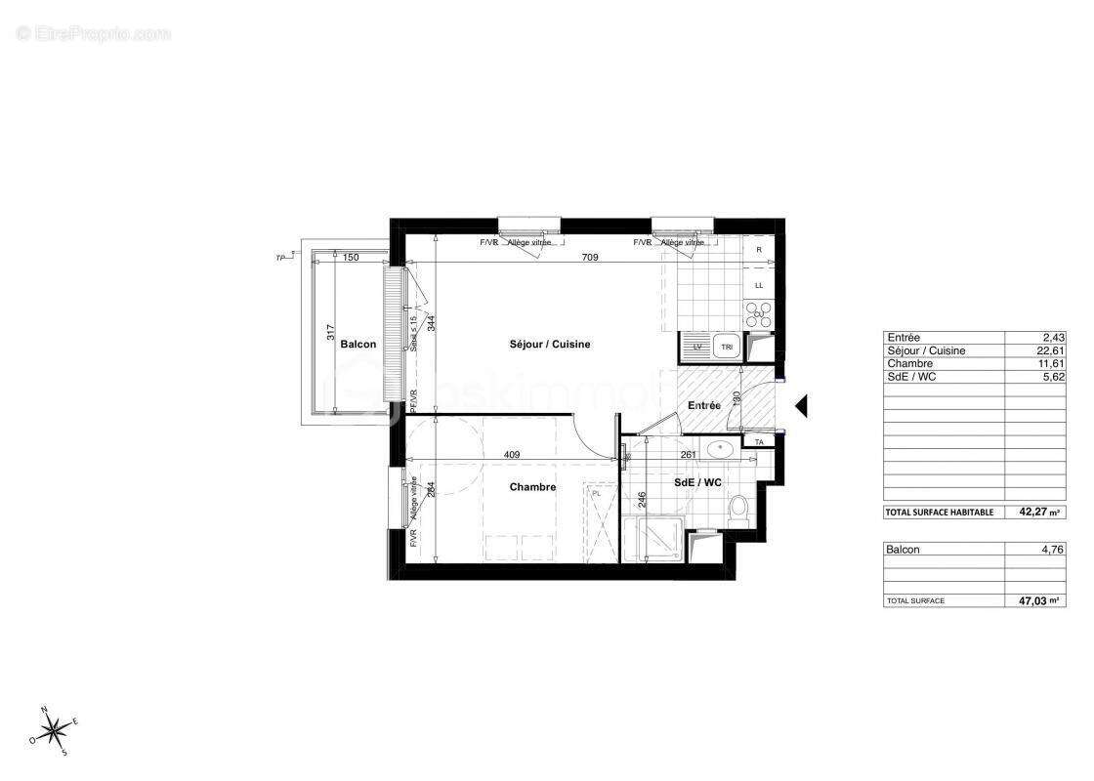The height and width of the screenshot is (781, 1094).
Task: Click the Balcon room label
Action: pyautogui.click(x=358, y=345)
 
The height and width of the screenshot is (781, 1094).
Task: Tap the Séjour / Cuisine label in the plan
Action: pyautogui.click(x=550, y=345)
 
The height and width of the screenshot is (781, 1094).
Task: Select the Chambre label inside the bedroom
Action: pyautogui.click(x=532, y=487)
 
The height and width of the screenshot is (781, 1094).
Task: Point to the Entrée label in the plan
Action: pyautogui.click(x=704, y=405)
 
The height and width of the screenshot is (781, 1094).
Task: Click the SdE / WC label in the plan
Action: pyautogui.click(x=698, y=483)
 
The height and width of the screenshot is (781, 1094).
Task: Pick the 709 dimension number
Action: pyautogui.click(x=590, y=258)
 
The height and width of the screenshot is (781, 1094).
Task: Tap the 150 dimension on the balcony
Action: pyautogui.click(x=352, y=258)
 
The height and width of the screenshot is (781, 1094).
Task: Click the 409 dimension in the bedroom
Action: pyautogui.click(x=511, y=454)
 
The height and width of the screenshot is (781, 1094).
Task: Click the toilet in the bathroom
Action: pyautogui.click(x=738, y=509)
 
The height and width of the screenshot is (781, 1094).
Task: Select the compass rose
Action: pyautogui.click(x=56, y=727)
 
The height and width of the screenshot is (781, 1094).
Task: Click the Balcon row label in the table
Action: pyautogui.click(x=904, y=550)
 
